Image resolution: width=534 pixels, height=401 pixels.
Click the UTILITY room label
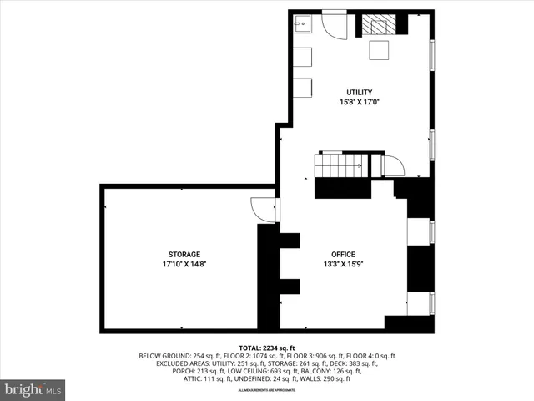tap(360, 92)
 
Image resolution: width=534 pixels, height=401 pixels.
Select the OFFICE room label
tap(343, 254)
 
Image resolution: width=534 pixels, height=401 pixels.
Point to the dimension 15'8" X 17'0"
tap(360, 102)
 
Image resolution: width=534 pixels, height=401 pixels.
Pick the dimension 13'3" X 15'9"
tap(343, 264)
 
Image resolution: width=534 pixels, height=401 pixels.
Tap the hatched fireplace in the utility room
tap(380, 25)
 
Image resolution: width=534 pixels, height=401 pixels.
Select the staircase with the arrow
tap(340, 165)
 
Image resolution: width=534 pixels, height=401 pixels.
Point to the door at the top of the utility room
tap(335, 25)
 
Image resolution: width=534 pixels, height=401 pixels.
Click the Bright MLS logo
tap(33, 389)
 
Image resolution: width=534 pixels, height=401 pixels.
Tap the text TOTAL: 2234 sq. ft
tap(267, 348)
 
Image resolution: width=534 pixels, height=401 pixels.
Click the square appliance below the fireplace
tap(380, 51)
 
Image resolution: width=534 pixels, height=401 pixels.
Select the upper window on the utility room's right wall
tap(431, 54)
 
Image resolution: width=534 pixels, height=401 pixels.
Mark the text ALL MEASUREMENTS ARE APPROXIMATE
tap(267, 390)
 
